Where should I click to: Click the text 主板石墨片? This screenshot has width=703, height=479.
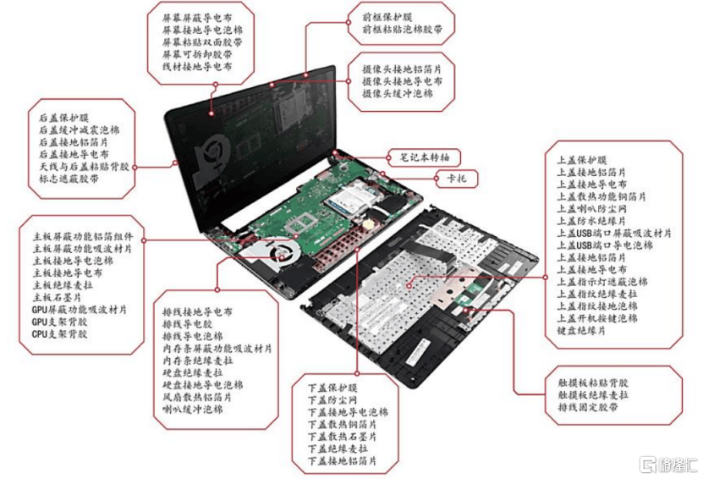63,298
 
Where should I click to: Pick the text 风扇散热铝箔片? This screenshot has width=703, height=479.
202,396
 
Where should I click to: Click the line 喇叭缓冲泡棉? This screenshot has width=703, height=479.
192,409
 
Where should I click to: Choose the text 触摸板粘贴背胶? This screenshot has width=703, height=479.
592,382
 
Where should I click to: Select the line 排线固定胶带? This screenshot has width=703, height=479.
586,406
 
